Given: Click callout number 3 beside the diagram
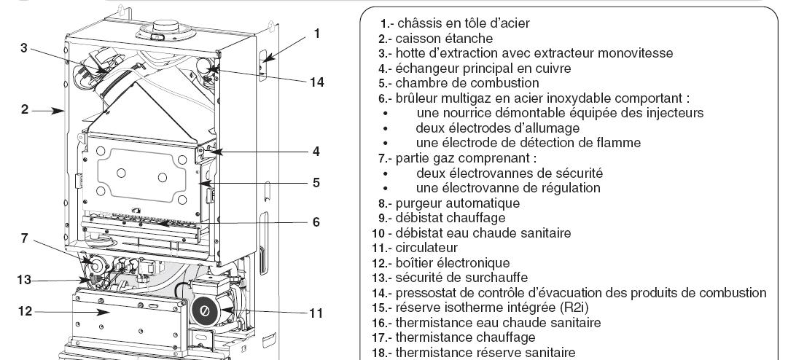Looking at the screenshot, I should point(24,47).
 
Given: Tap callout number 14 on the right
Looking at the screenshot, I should point(316,82).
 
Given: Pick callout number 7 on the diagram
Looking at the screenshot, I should point(25,238).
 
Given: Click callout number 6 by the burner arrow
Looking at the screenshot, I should point(316,222).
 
